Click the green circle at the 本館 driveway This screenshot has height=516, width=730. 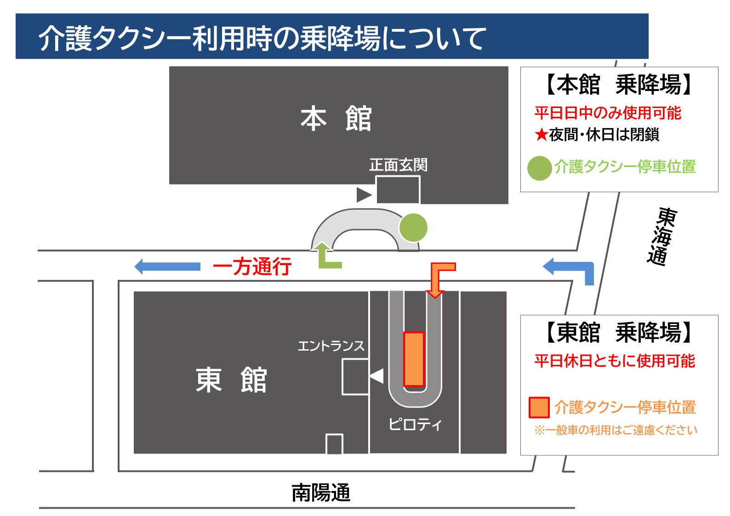coord(413,227)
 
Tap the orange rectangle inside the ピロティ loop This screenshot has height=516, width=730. coord(414,359)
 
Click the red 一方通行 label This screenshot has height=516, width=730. coord(252,267)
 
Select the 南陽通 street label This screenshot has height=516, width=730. coord(321,493)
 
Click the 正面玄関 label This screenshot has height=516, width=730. coord(398,164)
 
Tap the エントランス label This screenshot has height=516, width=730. coord(331,346)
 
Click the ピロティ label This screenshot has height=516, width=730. coord(415,424)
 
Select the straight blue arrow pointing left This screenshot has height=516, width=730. coord(167,267)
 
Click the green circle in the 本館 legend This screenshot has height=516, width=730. coord(539,168)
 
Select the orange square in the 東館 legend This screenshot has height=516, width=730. coord(539,408)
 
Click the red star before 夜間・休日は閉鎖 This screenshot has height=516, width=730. coord(542,135)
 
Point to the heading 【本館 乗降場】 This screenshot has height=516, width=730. coord(619,85)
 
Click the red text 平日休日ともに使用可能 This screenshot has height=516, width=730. coord(615,361)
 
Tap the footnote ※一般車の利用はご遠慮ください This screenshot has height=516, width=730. coord(616,431)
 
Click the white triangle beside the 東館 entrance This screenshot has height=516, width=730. coord(377,376)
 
